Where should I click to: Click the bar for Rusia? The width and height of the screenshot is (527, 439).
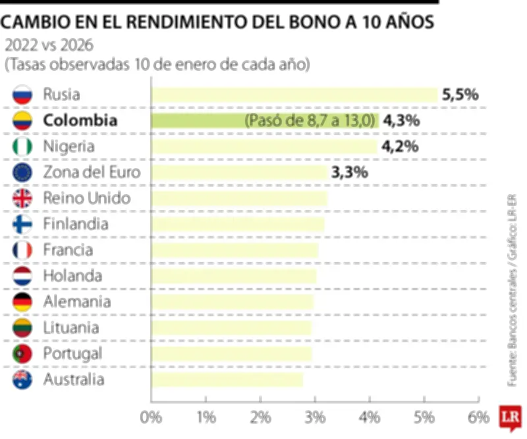point(294,95)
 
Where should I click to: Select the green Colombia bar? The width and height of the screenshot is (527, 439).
point(198,121)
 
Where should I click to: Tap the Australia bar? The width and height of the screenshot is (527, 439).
point(227,380)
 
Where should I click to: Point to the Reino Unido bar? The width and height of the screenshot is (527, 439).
point(239,198)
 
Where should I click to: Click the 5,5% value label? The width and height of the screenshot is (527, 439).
point(460,95)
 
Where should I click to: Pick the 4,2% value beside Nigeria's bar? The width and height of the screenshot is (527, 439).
point(401,146)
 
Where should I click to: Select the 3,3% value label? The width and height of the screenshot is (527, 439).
point(350,173)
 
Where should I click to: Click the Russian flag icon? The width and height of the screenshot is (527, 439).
point(22,95)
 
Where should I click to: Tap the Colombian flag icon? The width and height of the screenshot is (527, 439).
point(22,121)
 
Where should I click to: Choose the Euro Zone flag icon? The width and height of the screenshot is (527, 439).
point(22,173)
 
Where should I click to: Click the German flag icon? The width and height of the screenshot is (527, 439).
point(22,302)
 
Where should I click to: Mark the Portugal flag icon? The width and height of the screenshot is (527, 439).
point(22,354)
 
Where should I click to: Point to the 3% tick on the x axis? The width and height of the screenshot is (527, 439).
point(315,417)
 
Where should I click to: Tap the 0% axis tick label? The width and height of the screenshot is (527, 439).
point(152,417)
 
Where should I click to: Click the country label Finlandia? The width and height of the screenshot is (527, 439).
point(76,224)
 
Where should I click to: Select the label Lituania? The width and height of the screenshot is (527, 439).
point(71,328)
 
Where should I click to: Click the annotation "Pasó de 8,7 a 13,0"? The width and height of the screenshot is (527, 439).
point(310,121)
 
